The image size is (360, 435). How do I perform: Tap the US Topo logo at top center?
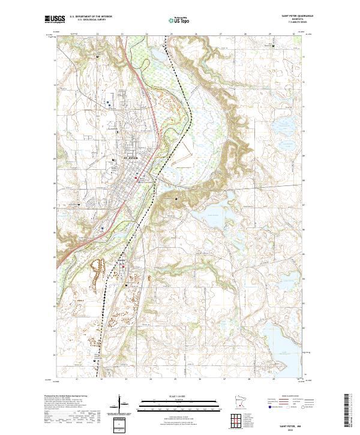point(180,20)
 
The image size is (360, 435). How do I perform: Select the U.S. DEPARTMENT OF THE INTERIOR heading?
point(91,17)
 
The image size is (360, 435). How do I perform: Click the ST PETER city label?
point(130,157)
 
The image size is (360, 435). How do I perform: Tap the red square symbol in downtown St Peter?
point(136,178)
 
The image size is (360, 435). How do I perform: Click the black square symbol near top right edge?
point(274,46)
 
